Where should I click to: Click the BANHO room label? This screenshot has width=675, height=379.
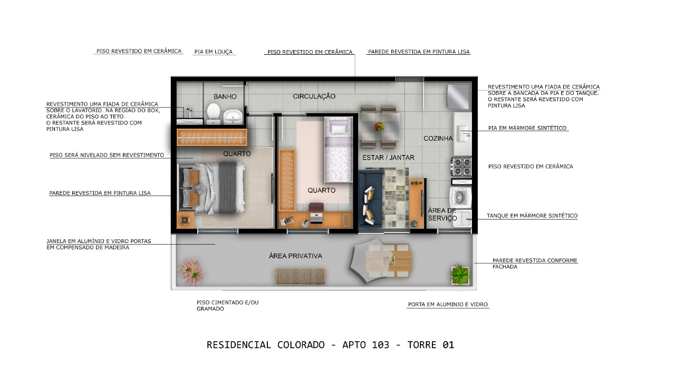tap(225, 97)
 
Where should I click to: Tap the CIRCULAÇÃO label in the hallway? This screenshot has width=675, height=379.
tap(314, 96)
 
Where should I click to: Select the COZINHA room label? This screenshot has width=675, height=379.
tap(438, 139)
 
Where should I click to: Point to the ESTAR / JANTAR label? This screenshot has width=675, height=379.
tap(388, 158)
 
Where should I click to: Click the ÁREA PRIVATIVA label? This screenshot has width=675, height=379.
tap(295, 256)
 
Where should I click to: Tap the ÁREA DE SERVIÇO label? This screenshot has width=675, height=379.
tap(442, 214)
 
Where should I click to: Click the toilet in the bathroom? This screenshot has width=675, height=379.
tap(213, 113)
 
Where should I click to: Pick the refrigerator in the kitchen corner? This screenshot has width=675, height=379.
tap(458, 96)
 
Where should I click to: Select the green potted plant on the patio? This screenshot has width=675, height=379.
tap(460, 274)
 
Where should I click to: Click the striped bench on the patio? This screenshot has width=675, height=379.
tap(301, 276)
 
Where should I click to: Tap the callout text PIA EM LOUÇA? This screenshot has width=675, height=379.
tap(213, 52)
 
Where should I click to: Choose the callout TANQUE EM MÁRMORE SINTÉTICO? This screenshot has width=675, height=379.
tap(532, 216)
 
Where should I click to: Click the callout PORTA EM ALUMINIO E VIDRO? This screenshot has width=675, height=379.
tap(448, 305)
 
